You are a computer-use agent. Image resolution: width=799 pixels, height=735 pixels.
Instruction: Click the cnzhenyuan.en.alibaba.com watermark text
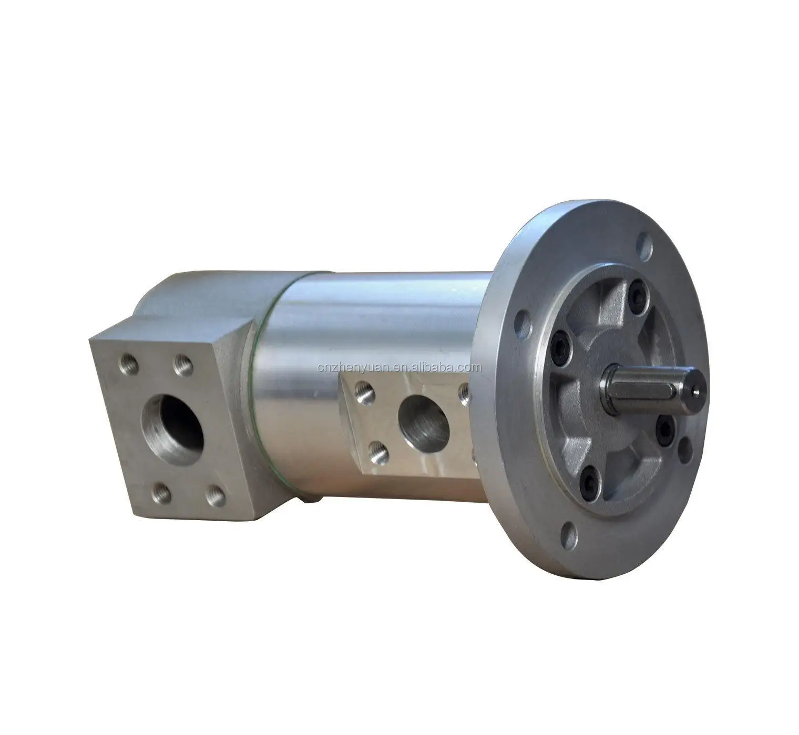coord(399,367)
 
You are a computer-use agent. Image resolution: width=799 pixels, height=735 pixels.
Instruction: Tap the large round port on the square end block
coord(172,426)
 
